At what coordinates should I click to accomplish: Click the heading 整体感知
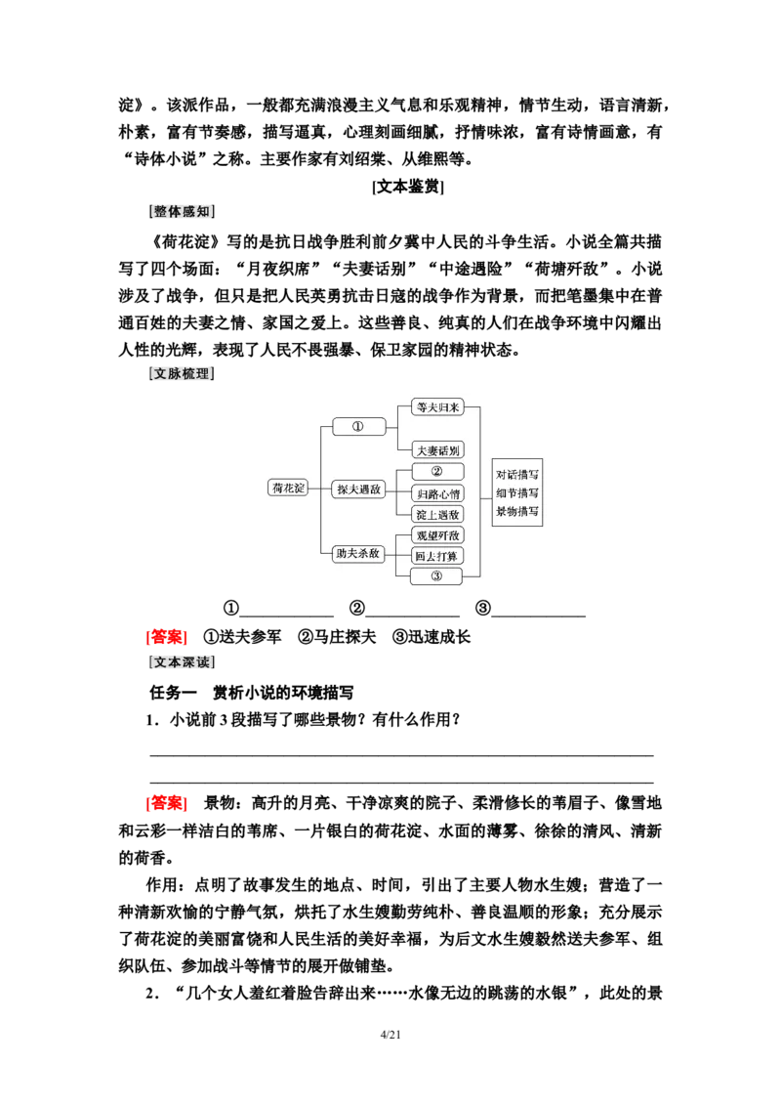coord(183,211)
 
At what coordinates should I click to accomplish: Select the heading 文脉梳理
coord(183,373)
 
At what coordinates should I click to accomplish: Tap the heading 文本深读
coord(183,662)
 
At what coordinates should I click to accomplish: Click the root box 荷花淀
coord(288,488)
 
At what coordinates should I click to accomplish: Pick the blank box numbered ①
coord(358,427)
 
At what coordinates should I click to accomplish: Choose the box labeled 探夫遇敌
coord(358,489)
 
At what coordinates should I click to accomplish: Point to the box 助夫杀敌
coord(358,553)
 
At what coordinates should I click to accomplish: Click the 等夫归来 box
coord(436,407)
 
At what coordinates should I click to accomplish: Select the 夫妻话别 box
coord(436,449)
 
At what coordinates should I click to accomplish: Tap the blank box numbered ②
coord(436,471)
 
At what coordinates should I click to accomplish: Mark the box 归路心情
coord(436,493)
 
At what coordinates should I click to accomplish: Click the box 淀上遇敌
coord(436,514)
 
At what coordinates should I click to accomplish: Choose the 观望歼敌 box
coord(436,535)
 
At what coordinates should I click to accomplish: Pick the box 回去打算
coord(436,556)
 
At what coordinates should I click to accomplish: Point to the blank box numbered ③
coord(436,576)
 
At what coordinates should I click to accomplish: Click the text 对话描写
coord(517,474)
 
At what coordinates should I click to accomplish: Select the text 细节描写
coord(517,492)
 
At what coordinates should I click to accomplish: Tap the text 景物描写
coord(517,511)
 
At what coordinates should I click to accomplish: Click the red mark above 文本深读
coord(173,639)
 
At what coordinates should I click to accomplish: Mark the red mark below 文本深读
coord(173,803)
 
